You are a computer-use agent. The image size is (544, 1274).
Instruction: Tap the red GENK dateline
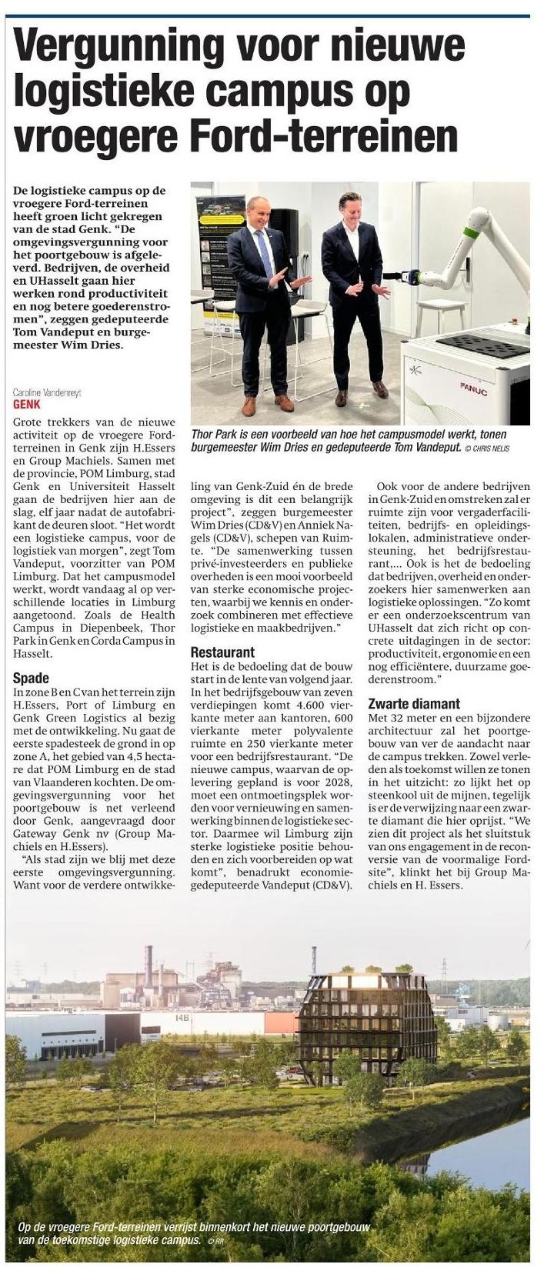point(27,402)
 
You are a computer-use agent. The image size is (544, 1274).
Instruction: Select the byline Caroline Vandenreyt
point(48,392)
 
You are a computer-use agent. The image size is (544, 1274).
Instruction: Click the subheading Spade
point(32,678)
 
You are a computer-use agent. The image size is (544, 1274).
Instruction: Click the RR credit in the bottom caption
point(220,1240)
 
